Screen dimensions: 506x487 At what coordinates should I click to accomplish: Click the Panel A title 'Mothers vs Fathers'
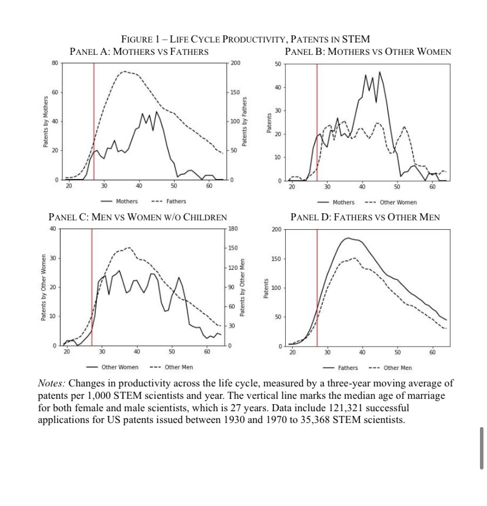pos(139,52)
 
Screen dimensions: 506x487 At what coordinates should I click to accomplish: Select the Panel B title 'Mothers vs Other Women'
pos(368,52)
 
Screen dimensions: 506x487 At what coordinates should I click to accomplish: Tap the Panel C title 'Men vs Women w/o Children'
pos(138,217)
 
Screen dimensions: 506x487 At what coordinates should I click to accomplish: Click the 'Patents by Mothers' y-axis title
pos(45,121)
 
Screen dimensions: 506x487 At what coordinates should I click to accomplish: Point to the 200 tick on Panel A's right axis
pos(235,62)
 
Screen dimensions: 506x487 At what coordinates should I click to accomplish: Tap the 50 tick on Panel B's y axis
pos(278,64)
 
